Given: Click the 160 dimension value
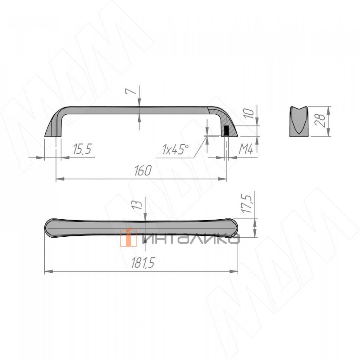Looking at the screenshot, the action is point(143,171).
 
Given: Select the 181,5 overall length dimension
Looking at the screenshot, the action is point(143,263).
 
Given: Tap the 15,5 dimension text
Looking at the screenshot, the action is point(82,149).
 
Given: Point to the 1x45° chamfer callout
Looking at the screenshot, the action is point(175,149).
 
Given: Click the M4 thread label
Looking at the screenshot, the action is point(246,149).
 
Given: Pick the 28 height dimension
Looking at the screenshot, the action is point(320,121).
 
